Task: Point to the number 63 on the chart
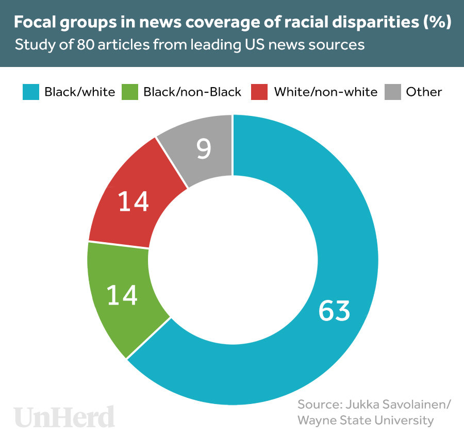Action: (x=334, y=310)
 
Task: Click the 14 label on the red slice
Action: (x=134, y=201)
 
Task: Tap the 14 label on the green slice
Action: (x=122, y=295)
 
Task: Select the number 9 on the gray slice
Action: (x=204, y=149)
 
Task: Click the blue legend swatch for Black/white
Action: (x=30, y=92)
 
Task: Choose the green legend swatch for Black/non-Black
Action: (x=129, y=92)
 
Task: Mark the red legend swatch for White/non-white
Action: (x=259, y=92)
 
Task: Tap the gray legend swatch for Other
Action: (x=393, y=92)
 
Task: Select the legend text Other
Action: (x=424, y=92)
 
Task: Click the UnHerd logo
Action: (x=64, y=416)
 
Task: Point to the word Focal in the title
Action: (x=35, y=23)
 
